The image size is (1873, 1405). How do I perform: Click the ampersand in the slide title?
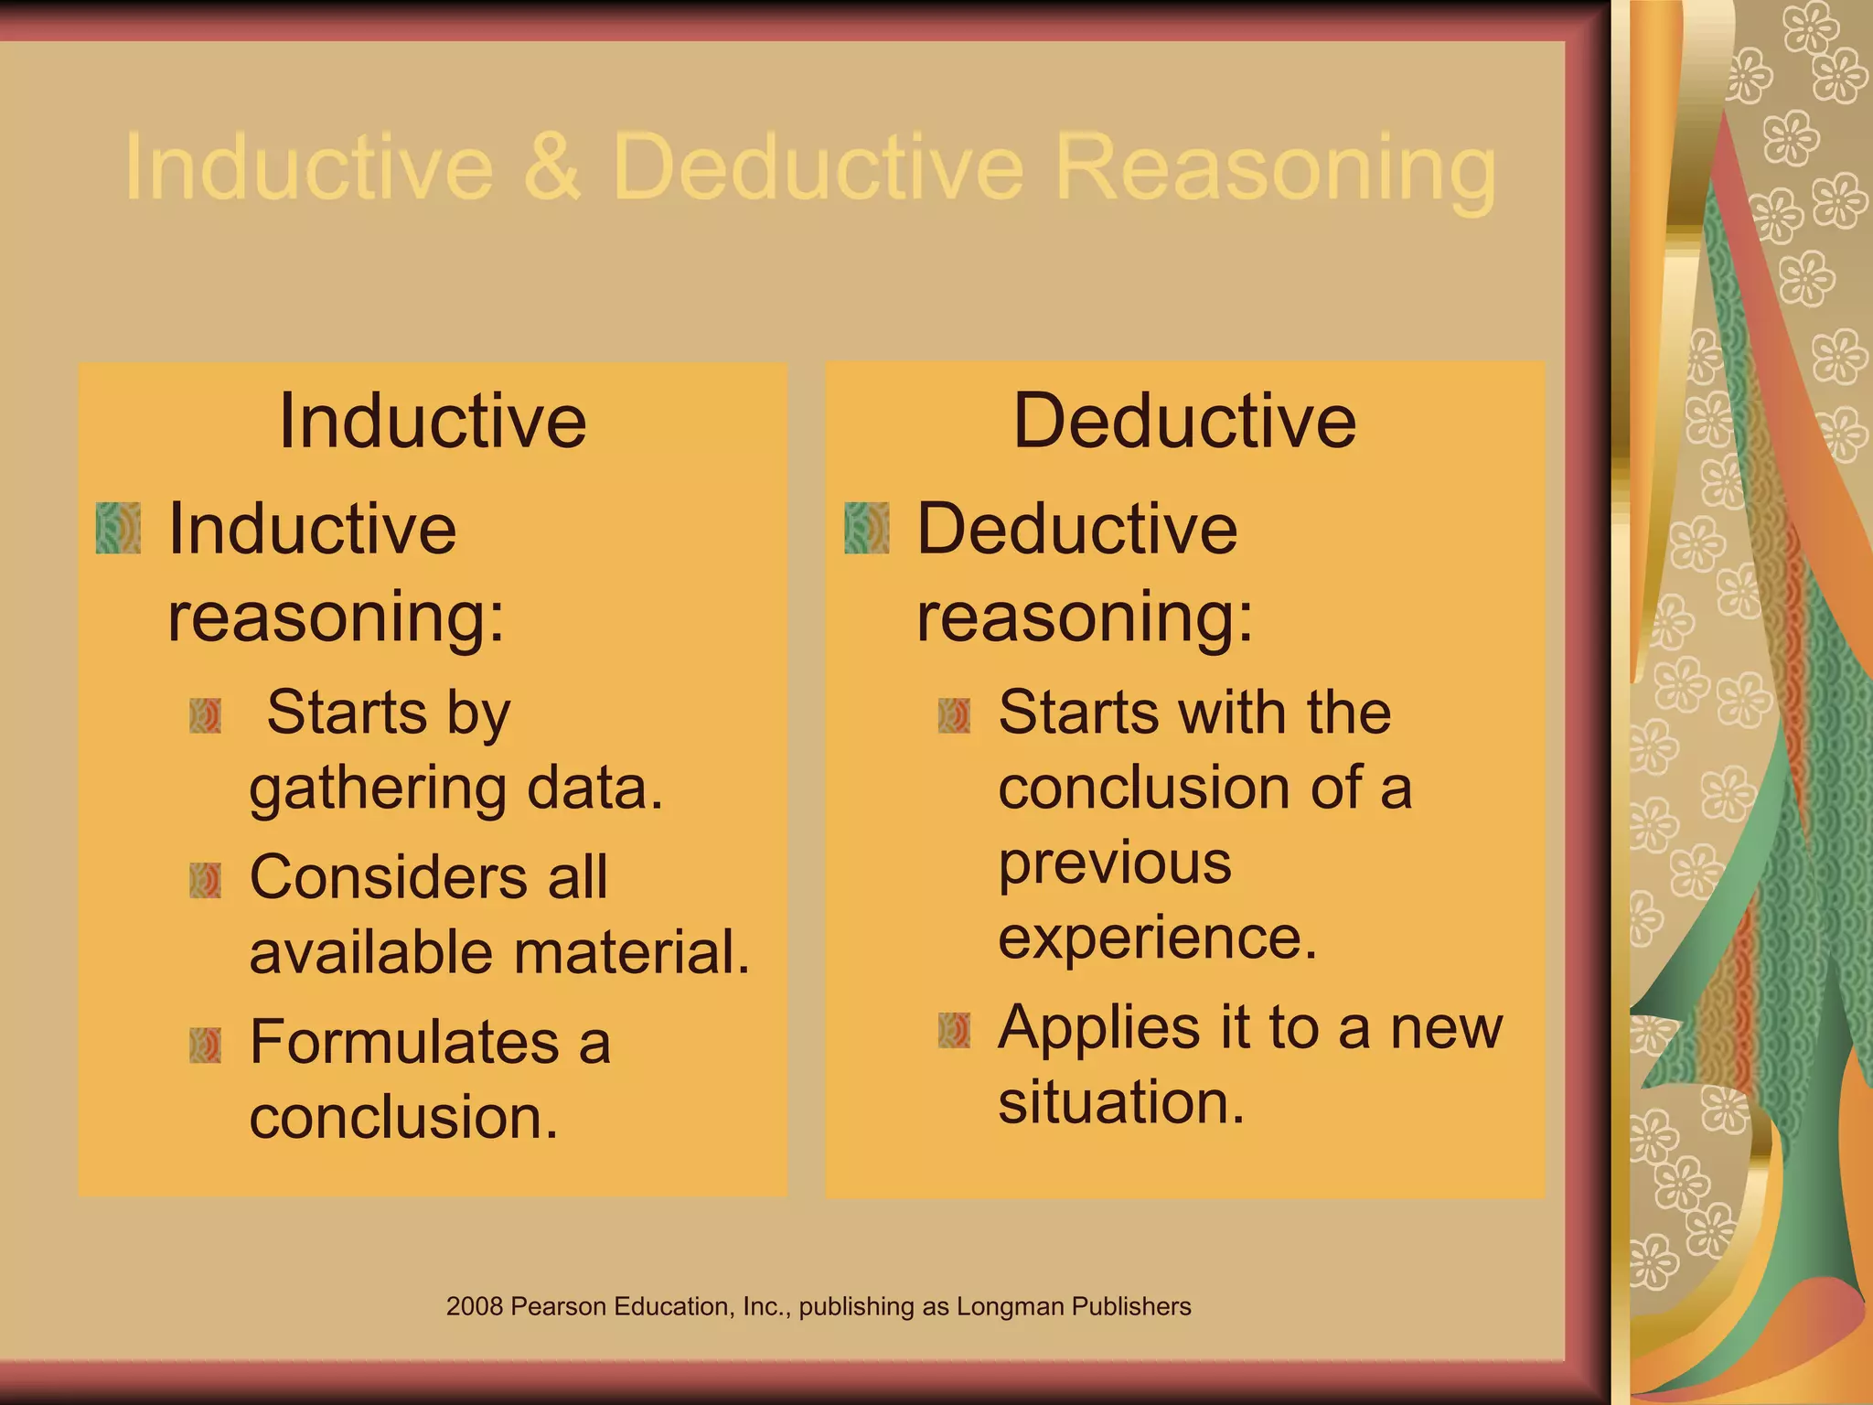coord(552,167)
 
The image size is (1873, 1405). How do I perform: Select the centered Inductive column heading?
coord(433,421)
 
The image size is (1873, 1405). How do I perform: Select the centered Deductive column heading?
coord(1184,421)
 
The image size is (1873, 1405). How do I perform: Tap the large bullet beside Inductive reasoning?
coord(119,528)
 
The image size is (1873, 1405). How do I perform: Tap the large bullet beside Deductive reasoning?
coord(867,528)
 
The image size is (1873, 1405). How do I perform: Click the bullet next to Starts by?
coord(206,716)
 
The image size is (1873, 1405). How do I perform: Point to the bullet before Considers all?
coord(206,880)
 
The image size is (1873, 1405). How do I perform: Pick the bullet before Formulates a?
coord(206,1045)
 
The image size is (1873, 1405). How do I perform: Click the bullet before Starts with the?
coord(954,716)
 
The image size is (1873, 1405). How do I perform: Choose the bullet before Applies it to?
coord(954,1030)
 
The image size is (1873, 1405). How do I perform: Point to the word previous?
coord(1115,864)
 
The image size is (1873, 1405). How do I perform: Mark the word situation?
coord(1121,1102)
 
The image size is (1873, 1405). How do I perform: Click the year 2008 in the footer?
coord(475,1306)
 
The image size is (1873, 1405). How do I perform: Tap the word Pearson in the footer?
coord(558,1306)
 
